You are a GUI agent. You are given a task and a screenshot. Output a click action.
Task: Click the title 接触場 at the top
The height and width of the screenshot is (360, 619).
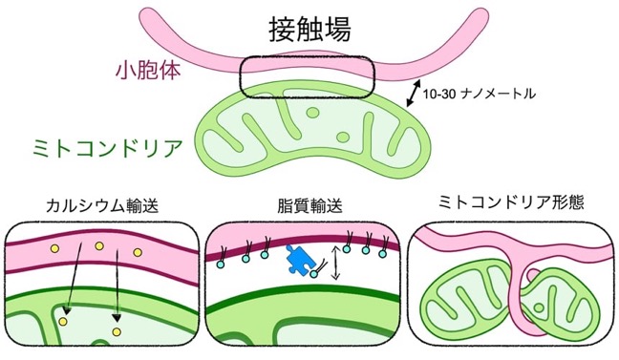point(309,30)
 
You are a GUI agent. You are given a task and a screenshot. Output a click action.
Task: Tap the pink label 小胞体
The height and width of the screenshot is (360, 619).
point(148,71)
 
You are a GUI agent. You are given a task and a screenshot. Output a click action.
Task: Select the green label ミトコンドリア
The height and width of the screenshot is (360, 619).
point(107,148)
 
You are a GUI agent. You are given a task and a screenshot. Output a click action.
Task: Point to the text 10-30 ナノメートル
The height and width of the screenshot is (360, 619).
point(480,94)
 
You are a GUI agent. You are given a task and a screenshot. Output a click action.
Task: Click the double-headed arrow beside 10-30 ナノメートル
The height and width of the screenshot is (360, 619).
point(414,94)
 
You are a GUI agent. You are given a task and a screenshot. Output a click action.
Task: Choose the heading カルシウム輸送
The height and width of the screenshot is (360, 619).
point(102,205)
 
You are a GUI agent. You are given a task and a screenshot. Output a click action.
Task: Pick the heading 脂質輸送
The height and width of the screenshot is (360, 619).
point(309,205)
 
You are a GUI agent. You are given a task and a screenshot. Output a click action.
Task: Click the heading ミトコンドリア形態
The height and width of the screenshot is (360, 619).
point(511,202)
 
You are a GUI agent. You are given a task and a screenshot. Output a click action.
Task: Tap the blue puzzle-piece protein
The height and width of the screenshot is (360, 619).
point(301,260)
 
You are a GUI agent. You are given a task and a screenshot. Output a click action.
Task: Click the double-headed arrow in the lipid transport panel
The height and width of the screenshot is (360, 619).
point(335,262)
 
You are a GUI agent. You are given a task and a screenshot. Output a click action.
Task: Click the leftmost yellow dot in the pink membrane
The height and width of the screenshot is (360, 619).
point(54,248)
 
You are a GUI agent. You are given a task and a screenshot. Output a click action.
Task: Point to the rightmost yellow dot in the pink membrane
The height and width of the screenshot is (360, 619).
point(138,252)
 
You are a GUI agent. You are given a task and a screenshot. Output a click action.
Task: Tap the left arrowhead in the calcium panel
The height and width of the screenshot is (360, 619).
point(67,310)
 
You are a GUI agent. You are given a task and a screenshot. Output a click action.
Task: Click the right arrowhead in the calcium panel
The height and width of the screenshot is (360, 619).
point(117,317)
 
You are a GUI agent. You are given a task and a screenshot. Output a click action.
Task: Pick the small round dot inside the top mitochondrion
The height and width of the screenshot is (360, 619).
point(313,114)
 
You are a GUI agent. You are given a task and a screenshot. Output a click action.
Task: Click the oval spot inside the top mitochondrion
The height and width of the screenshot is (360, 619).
point(343,137)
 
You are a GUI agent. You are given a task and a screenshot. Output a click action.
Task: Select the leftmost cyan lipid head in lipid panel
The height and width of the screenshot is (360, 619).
point(221,265)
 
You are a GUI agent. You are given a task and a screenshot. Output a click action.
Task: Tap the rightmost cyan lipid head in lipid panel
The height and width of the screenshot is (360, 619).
point(382,254)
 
